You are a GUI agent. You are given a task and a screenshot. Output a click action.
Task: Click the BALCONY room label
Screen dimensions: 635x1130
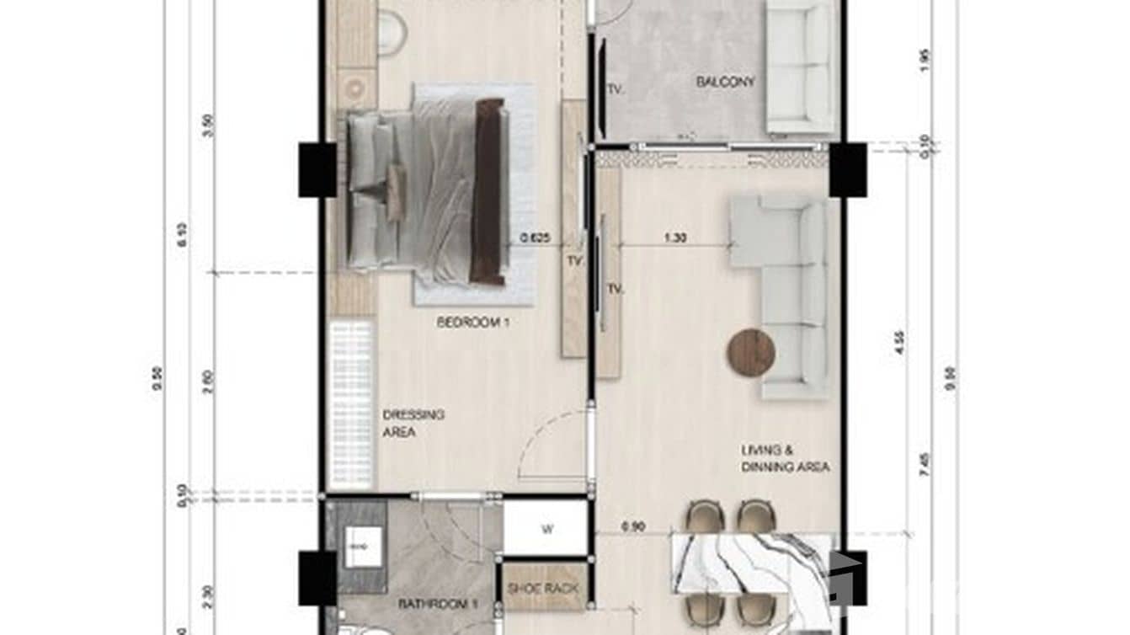tap(725, 83)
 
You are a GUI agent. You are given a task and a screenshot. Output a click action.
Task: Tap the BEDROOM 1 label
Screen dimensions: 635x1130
tap(473, 322)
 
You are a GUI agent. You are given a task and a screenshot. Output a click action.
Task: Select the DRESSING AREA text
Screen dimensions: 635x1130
tap(413, 424)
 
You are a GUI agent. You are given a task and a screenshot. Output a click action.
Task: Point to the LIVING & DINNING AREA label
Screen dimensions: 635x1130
tap(785, 459)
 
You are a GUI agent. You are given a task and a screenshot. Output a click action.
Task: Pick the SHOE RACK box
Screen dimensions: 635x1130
tap(544, 589)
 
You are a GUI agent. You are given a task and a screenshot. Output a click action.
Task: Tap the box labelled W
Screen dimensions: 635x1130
tap(546, 530)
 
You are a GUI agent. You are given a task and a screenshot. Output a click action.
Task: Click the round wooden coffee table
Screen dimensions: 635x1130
tap(751, 352)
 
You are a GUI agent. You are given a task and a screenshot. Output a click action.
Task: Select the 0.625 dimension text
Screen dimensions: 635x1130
tap(535, 238)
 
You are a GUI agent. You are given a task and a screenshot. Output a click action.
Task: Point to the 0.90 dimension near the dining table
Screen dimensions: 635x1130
tap(633, 528)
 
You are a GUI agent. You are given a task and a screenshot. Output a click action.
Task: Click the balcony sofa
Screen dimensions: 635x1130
tap(799, 67)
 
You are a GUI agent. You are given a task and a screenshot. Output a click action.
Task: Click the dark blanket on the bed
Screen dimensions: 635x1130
tap(489, 191)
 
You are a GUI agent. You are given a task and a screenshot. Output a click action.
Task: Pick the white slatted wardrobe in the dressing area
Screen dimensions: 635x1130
tap(352, 403)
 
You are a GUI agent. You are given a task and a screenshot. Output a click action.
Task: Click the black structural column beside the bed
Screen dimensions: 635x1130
tap(317, 169)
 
